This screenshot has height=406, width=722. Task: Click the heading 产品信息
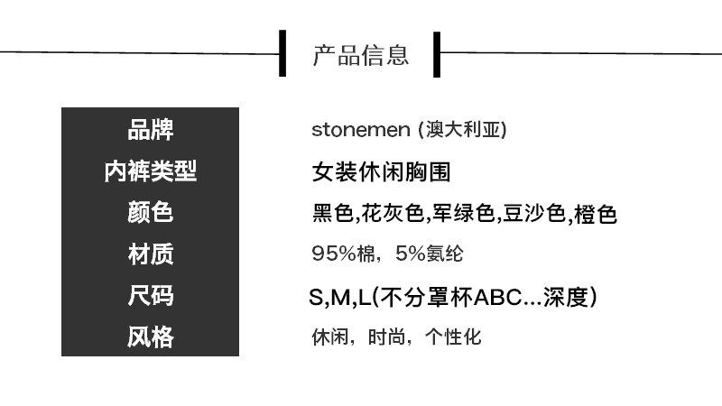coord(361,55)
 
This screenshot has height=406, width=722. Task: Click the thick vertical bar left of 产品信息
coord(282,53)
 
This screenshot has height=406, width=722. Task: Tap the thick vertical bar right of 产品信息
coord(437,54)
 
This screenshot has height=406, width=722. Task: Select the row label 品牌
coord(151,130)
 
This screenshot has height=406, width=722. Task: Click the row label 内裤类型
coord(151,171)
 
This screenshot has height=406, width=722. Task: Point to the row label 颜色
coord(151,213)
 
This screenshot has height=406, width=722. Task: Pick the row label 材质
coord(151,254)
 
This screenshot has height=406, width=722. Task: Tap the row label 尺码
coord(151,296)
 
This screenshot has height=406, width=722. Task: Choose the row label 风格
coord(151,337)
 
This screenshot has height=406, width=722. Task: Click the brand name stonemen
coord(360,130)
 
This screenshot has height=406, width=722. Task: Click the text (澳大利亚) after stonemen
coord(463,129)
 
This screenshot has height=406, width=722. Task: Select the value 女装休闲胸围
coord(381,172)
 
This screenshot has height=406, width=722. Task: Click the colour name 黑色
coord(332,214)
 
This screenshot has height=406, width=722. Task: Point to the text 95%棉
coord(343,254)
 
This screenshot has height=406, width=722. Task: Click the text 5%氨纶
coord(430,254)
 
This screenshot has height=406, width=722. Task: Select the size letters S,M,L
coord(339,298)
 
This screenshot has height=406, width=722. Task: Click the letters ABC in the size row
coord(498,298)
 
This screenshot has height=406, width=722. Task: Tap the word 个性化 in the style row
coord(453,337)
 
